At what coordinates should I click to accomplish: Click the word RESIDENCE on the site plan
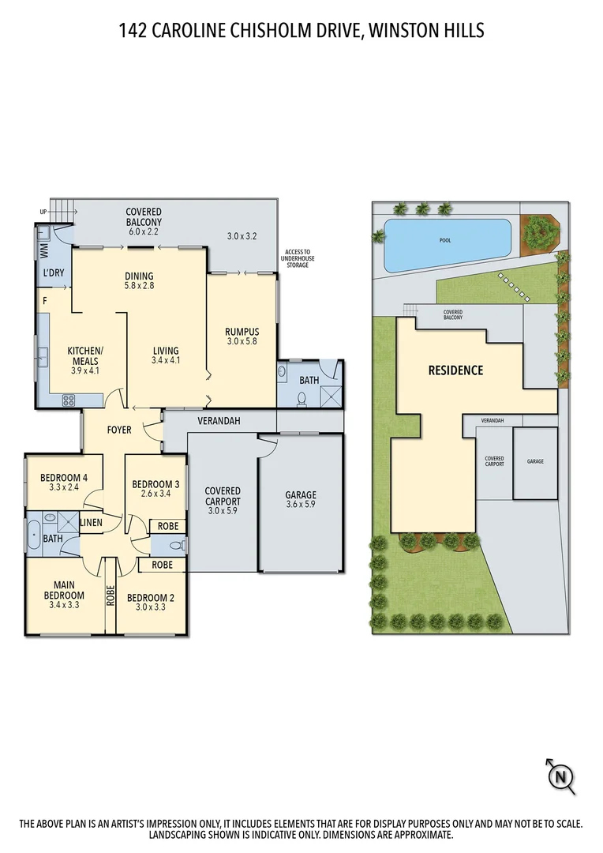455,370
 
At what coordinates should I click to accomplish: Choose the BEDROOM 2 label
150,603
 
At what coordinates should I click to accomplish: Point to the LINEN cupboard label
91,523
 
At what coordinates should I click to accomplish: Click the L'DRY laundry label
54,273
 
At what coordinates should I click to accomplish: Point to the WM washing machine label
43,250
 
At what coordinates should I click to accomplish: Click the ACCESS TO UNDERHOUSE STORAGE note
298,258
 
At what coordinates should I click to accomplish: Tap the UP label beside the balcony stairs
43,212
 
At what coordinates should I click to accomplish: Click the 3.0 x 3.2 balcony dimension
242,235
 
